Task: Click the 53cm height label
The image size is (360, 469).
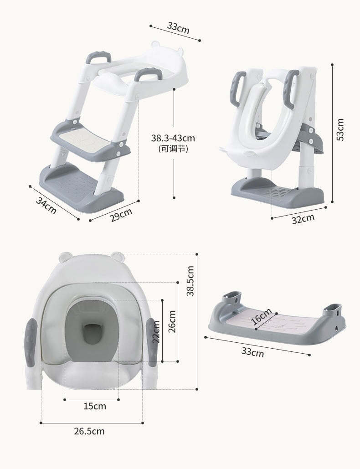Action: pyautogui.click(x=340, y=129)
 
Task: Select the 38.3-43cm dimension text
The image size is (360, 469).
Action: pyautogui.click(x=173, y=138)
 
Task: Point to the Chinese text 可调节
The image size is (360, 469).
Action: pyautogui.click(x=173, y=148)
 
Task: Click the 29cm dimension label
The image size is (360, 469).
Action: pyautogui.click(x=121, y=214)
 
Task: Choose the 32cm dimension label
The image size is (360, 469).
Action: pyautogui.click(x=303, y=219)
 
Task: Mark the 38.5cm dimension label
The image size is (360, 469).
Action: pyautogui.click(x=190, y=281)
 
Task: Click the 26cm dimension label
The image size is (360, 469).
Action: pyautogui.click(x=172, y=321)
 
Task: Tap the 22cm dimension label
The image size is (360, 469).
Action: pyautogui.click(x=156, y=331)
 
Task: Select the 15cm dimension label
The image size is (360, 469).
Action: pyautogui.click(x=94, y=406)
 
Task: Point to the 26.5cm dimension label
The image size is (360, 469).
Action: pyautogui.click(x=89, y=431)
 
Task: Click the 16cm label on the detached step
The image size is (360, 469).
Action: pyautogui.click(x=262, y=316)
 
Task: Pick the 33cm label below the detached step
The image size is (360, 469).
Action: pyautogui.click(x=252, y=352)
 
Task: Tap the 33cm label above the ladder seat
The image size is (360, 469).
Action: pyautogui.click(x=178, y=28)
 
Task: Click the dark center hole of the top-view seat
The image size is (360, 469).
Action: pyautogui.click(x=93, y=334)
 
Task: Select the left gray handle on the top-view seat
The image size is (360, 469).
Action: pyautogui.click(x=31, y=342)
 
